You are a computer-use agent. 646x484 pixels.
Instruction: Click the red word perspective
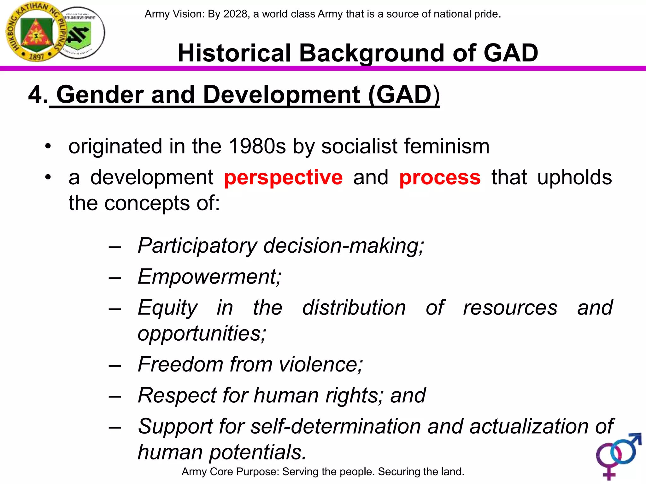tap(283, 177)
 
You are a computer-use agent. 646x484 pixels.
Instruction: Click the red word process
tap(440, 177)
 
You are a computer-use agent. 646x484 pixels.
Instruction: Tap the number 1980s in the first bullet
tap(257, 146)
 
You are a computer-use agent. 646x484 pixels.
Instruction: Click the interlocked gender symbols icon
tap(618, 455)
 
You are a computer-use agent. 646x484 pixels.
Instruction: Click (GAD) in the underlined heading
tap(403, 95)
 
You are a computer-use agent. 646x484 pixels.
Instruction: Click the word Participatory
tap(197, 245)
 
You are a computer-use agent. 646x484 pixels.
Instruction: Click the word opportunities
tap(202, 333)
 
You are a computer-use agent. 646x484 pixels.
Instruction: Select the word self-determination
tap(336, 426)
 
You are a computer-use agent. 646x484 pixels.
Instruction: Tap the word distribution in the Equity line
tap(354, 308)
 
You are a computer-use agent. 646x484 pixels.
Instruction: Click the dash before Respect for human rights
tap(115, 396)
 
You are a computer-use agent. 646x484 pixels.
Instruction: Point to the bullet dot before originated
tap(48, 146)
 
